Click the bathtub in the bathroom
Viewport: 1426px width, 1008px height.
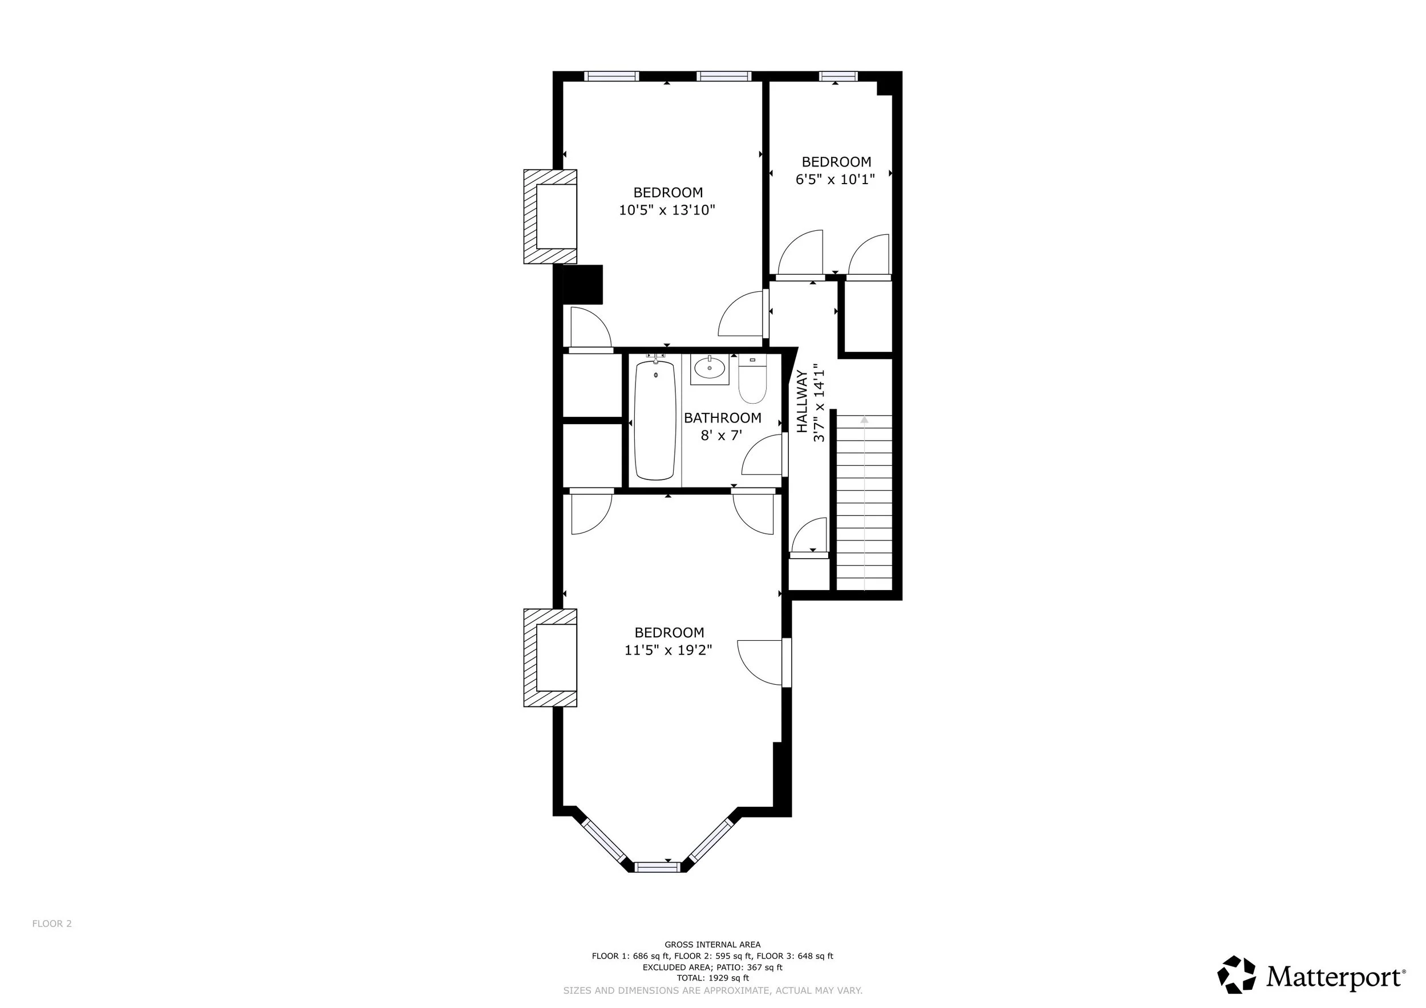[655, 420]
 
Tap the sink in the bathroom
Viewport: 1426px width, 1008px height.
[709, 369]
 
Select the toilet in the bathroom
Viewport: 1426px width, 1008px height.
[752, 379]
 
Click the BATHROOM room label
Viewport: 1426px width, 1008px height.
[722, 418]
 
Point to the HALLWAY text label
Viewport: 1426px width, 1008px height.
[802, 401]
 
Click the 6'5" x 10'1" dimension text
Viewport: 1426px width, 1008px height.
[836, 180]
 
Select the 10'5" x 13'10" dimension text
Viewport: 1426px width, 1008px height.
[667, 210]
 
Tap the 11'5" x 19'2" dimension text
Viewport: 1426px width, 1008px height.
[669, 650]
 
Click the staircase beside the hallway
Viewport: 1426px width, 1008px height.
[864, 502]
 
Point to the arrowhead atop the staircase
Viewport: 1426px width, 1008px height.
[864, 420]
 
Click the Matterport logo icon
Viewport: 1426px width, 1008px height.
[1236, 974]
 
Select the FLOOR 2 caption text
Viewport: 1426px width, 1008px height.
[52, 924]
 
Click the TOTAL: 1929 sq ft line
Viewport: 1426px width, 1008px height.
[713, 978]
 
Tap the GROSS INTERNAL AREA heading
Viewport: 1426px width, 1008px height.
[712, 945]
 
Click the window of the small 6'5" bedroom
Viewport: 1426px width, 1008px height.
[838, 76]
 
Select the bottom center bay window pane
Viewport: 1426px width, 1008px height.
[657, 867]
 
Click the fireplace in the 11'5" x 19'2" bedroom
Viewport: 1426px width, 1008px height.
[550, 658]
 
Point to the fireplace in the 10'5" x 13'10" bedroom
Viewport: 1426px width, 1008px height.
[550, 217]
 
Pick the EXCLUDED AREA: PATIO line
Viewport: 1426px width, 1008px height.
[712, 967]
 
